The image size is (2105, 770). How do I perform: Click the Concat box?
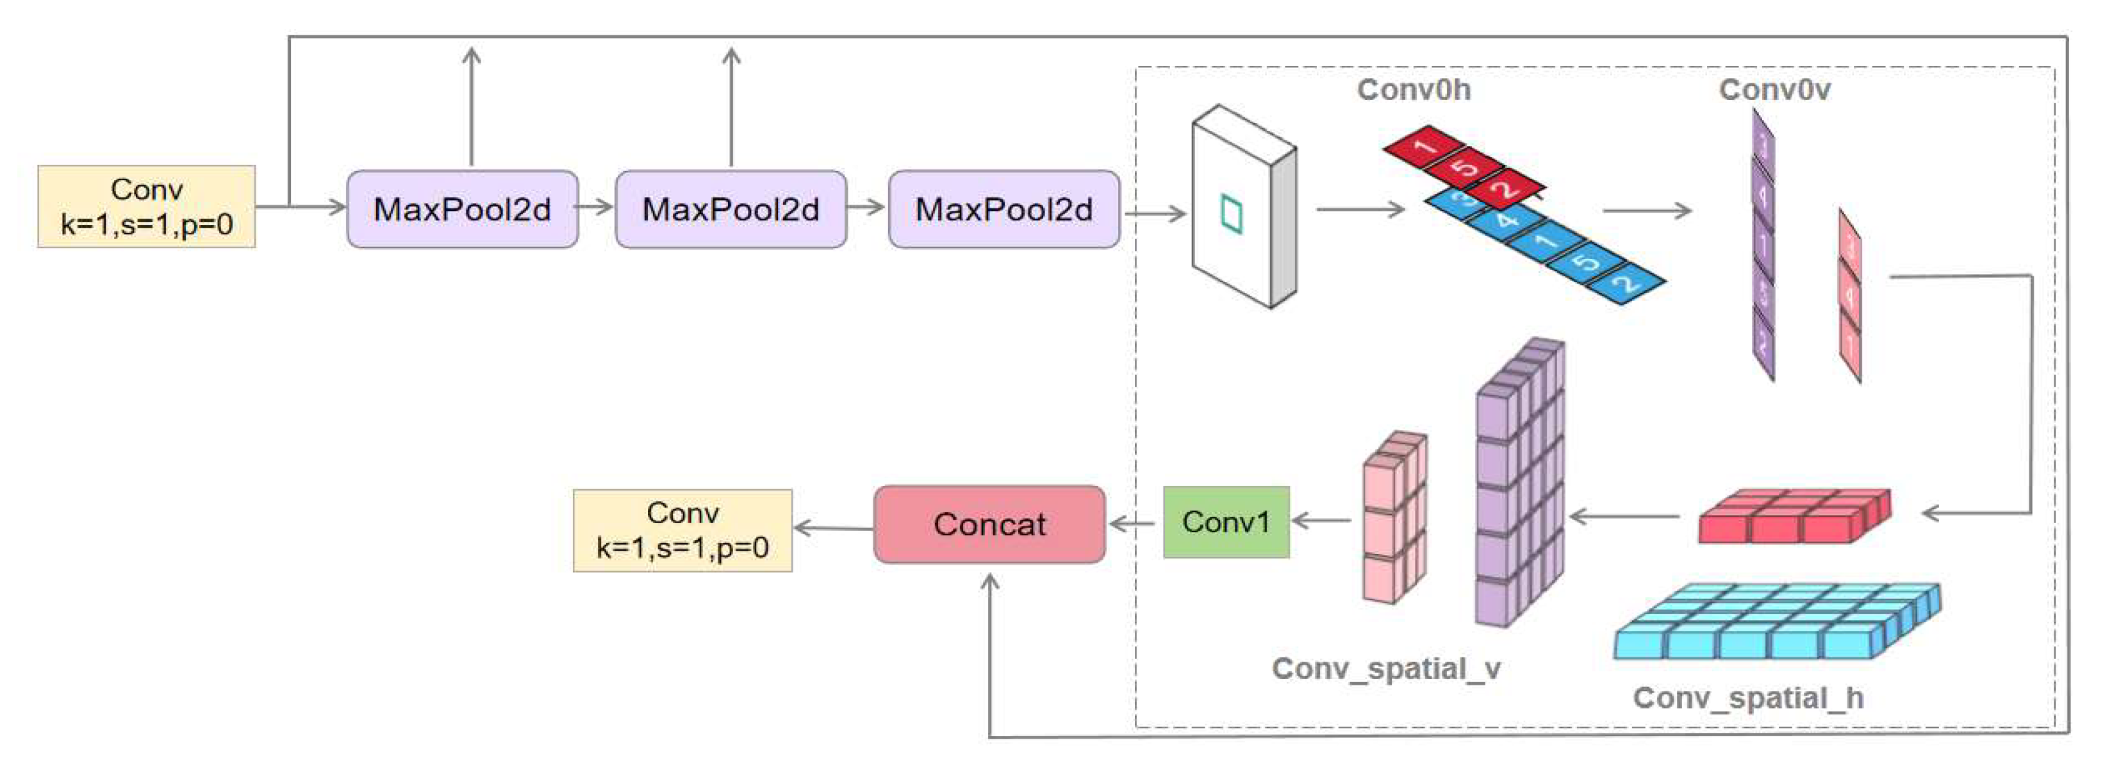(x=989, y=524)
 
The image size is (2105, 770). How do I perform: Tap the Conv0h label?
(x=1414, y=90)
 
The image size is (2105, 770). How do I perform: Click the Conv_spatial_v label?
(x=1386, y=669)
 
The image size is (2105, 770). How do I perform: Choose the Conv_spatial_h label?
(x=1748, y=698)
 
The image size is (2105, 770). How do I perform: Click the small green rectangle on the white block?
(x=1232, y=215)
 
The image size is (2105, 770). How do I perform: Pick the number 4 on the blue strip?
(x=1506, y=220)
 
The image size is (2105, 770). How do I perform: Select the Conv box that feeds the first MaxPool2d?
(x=146, y=207)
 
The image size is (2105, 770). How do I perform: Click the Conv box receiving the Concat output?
(x=682, y=530)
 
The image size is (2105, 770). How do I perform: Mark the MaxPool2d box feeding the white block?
(x=1003, y=209)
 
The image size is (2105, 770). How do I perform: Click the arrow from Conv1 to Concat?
(x=1134, y=523)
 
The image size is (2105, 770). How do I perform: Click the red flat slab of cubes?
(x=1794, y=517)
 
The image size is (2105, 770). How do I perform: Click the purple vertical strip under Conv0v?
(x=1763, y=245)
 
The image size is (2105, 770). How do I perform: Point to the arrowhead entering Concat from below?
(x=989, y=582)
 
